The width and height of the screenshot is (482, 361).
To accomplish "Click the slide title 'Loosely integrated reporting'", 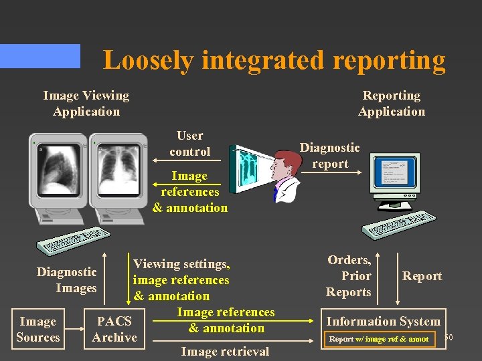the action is click(x=274, y=60).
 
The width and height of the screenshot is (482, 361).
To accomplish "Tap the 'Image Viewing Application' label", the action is click(x=86, y=104).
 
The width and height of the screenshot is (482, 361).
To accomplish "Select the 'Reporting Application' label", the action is click(x=392, y=104).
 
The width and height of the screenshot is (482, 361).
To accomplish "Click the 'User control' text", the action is click(x=189, y=144).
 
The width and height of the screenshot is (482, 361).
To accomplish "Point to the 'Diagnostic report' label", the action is click(x=329, y=156).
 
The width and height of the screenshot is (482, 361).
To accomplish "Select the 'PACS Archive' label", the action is click(x=114, y=330).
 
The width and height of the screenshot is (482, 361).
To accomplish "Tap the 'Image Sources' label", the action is click(x=37, y=330).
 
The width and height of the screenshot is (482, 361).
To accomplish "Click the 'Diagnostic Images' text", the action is click(x=67, y=280).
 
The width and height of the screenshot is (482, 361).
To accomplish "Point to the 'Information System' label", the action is click(x=383, y=322).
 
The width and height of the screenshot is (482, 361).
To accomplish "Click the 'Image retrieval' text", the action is click(x=225, y=352).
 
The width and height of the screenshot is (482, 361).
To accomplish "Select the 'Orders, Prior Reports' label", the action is click(x=349, y=276).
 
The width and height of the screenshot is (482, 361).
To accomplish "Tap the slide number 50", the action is click(x=448, y=338).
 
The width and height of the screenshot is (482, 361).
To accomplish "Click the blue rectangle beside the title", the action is click(x=40, y=56).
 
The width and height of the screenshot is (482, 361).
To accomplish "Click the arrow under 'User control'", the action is click(x=191, y=160).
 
